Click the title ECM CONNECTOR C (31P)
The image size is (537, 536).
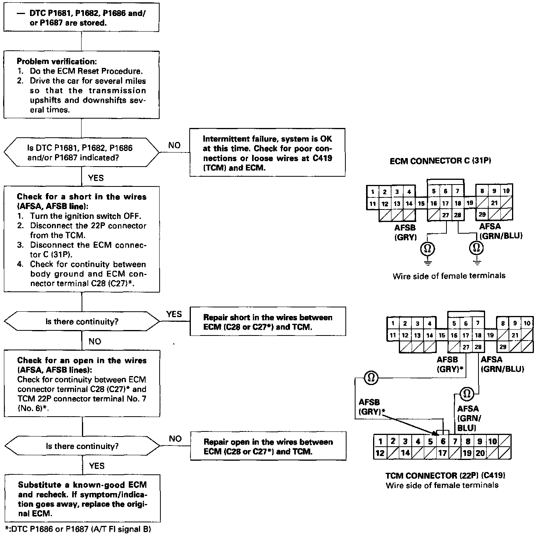(440, 161)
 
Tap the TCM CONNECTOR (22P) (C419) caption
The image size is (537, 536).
(445, 476)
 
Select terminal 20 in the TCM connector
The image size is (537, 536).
(480, 453)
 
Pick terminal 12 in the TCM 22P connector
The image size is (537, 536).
(380, 453)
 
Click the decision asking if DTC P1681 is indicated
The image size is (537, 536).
(82, 153)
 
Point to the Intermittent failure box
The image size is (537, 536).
(267, 153)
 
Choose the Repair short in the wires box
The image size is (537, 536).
(268, 322)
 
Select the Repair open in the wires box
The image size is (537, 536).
(268, 447)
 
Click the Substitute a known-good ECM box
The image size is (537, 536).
(82, 499)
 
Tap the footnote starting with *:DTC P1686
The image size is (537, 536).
(78, 529)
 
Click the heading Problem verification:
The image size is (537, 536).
(57, 62)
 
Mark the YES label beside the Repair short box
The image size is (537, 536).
(174, 314)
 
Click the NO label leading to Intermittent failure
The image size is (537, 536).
(174, 145)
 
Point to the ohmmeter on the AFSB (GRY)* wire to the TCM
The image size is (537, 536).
(371, 378)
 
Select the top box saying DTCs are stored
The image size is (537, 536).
(81, 18)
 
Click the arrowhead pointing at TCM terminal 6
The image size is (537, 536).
(435, 433)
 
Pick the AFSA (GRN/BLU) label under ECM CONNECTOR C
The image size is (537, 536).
(501, 231)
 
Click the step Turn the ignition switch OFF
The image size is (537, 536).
(86, 216)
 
